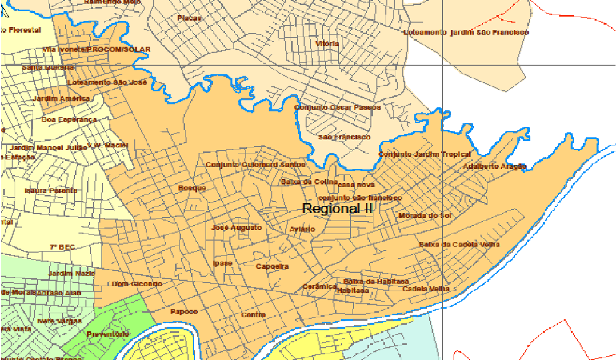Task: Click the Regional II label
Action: [337, 209]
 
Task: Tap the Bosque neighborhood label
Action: [192, 188]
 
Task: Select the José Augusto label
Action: [237, 227]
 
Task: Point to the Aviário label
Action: [302, 229]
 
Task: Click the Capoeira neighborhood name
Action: [272, 267]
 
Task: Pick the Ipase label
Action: [222, 263]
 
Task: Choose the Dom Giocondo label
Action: [137, 284]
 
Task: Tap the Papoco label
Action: [184, 311]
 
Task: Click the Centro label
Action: [253, 315]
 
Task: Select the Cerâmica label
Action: [319, 286]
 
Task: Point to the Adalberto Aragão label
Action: [494, 166]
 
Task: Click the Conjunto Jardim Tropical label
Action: [425, 154]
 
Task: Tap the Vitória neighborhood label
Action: [327, 43]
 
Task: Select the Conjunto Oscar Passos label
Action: [337, 107]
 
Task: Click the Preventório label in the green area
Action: [108, 334]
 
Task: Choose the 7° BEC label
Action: [62, 247]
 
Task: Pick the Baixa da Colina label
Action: [305, 182]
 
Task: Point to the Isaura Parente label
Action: [51, 190]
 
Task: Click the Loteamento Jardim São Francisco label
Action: [466, 33]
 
